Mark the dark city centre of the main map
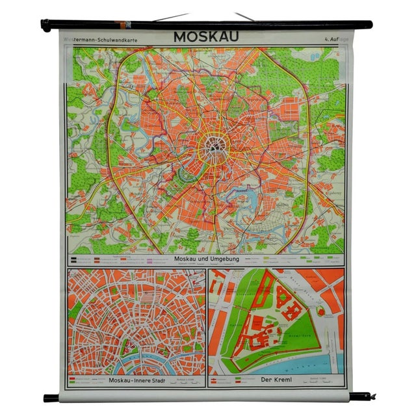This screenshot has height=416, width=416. tap(213, 147)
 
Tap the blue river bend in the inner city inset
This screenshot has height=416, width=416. tap(136, 361)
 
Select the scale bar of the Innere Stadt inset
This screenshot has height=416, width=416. tap(185, 382)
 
